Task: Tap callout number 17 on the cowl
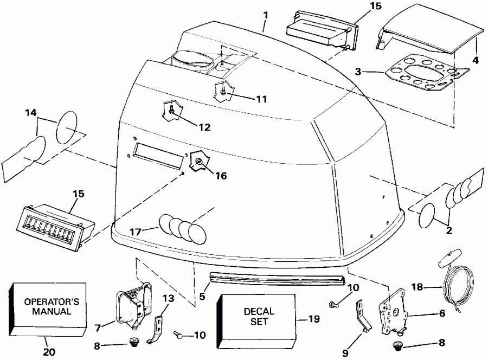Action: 136,232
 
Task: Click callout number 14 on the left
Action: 30,113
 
